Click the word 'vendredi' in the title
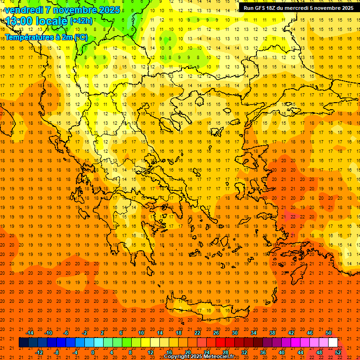point(23,10)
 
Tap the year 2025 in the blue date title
point(108,10)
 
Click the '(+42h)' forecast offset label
point(81,21)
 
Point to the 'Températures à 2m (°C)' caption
point(46,37)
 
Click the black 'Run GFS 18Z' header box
point(299,8)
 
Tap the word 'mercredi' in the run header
point(292,8)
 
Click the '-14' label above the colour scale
point(30,333)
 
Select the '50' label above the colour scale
point(329,333)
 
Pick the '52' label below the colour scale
point(338,352)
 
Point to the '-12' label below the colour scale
point(39,352)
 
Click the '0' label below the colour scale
point(92,352)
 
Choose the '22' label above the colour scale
point(197,333)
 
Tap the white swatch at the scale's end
point(333,343)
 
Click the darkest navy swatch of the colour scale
point(23,343)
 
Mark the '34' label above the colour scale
point(254,333)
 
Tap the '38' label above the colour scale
point(272,333)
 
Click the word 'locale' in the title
point(52,21)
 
